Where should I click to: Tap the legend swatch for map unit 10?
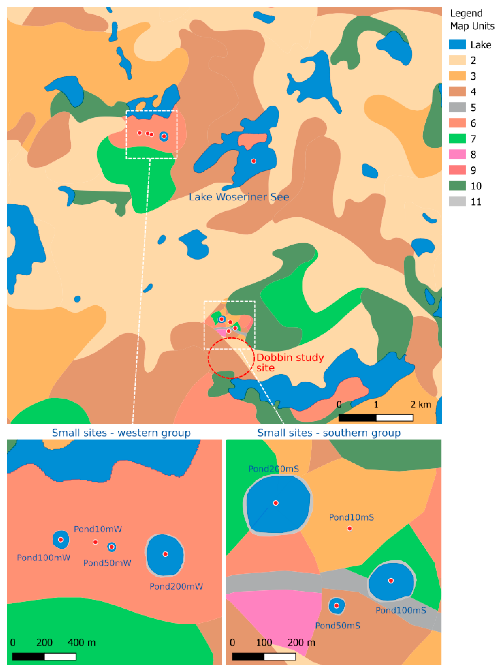[457, 186]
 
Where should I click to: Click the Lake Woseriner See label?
[239, 197]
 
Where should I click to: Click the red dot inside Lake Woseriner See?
[253, 161]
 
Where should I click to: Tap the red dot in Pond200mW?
[165, 554]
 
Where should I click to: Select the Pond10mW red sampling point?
[95, 542]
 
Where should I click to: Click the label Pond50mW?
[107, 563]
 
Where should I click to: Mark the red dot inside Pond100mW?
[61, 540]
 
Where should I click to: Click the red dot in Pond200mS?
[275, 503]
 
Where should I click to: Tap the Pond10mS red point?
[350, 528]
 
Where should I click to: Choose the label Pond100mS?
[401, 611]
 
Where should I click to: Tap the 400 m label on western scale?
[81, 643]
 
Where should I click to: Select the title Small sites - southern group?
[329, 433]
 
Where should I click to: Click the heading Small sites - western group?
[121, 433]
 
